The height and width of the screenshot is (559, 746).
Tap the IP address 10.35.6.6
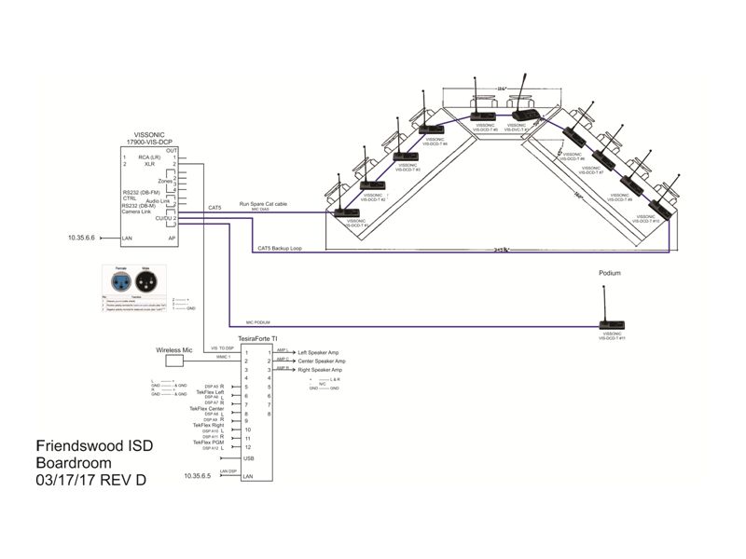click(82, 239)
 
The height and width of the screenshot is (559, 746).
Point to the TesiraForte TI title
click(256, 338)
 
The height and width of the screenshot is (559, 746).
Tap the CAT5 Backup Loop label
click(279, 249)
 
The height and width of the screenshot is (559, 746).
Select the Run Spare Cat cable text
click(263, 203)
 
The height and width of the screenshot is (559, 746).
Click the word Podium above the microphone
click(609, 274)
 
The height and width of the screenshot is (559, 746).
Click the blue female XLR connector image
click(119, 279)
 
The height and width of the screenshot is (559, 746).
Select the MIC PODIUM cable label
click(258, 321)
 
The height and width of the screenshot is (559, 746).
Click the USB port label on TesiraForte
click(248, 458)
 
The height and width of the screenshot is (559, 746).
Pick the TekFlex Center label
click(206, 408)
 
